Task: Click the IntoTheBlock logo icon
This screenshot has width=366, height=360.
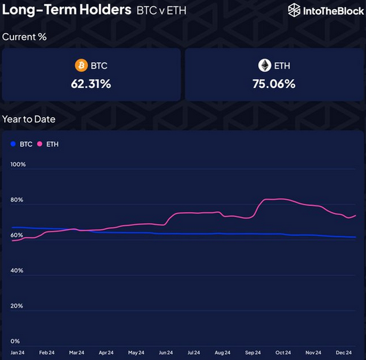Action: (294, 10)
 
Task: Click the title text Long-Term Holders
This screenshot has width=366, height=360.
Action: (67, 10)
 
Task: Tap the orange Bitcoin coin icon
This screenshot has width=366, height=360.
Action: (82, 65)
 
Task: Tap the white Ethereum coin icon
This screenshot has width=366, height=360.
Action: (264, 65)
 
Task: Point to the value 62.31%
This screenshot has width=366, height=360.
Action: (91, 84)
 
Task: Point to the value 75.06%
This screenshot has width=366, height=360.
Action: (274, 84)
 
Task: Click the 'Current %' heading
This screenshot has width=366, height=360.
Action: (24, 36)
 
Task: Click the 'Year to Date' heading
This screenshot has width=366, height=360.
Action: (29, 119)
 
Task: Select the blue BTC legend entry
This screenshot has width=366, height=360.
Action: (21, 144)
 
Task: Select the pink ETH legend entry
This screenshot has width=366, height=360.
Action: (48, 144)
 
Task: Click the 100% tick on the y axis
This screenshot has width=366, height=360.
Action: (18, 165)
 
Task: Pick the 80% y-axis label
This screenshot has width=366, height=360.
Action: (17, 200)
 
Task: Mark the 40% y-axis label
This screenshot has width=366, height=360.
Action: (17, 271)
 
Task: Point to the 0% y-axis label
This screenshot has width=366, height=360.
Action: (15, 341)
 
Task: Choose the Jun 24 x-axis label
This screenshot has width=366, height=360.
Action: (166, 352)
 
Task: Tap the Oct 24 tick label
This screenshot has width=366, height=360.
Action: (283, 352)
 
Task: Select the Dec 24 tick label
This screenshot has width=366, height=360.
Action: (344, 352)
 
